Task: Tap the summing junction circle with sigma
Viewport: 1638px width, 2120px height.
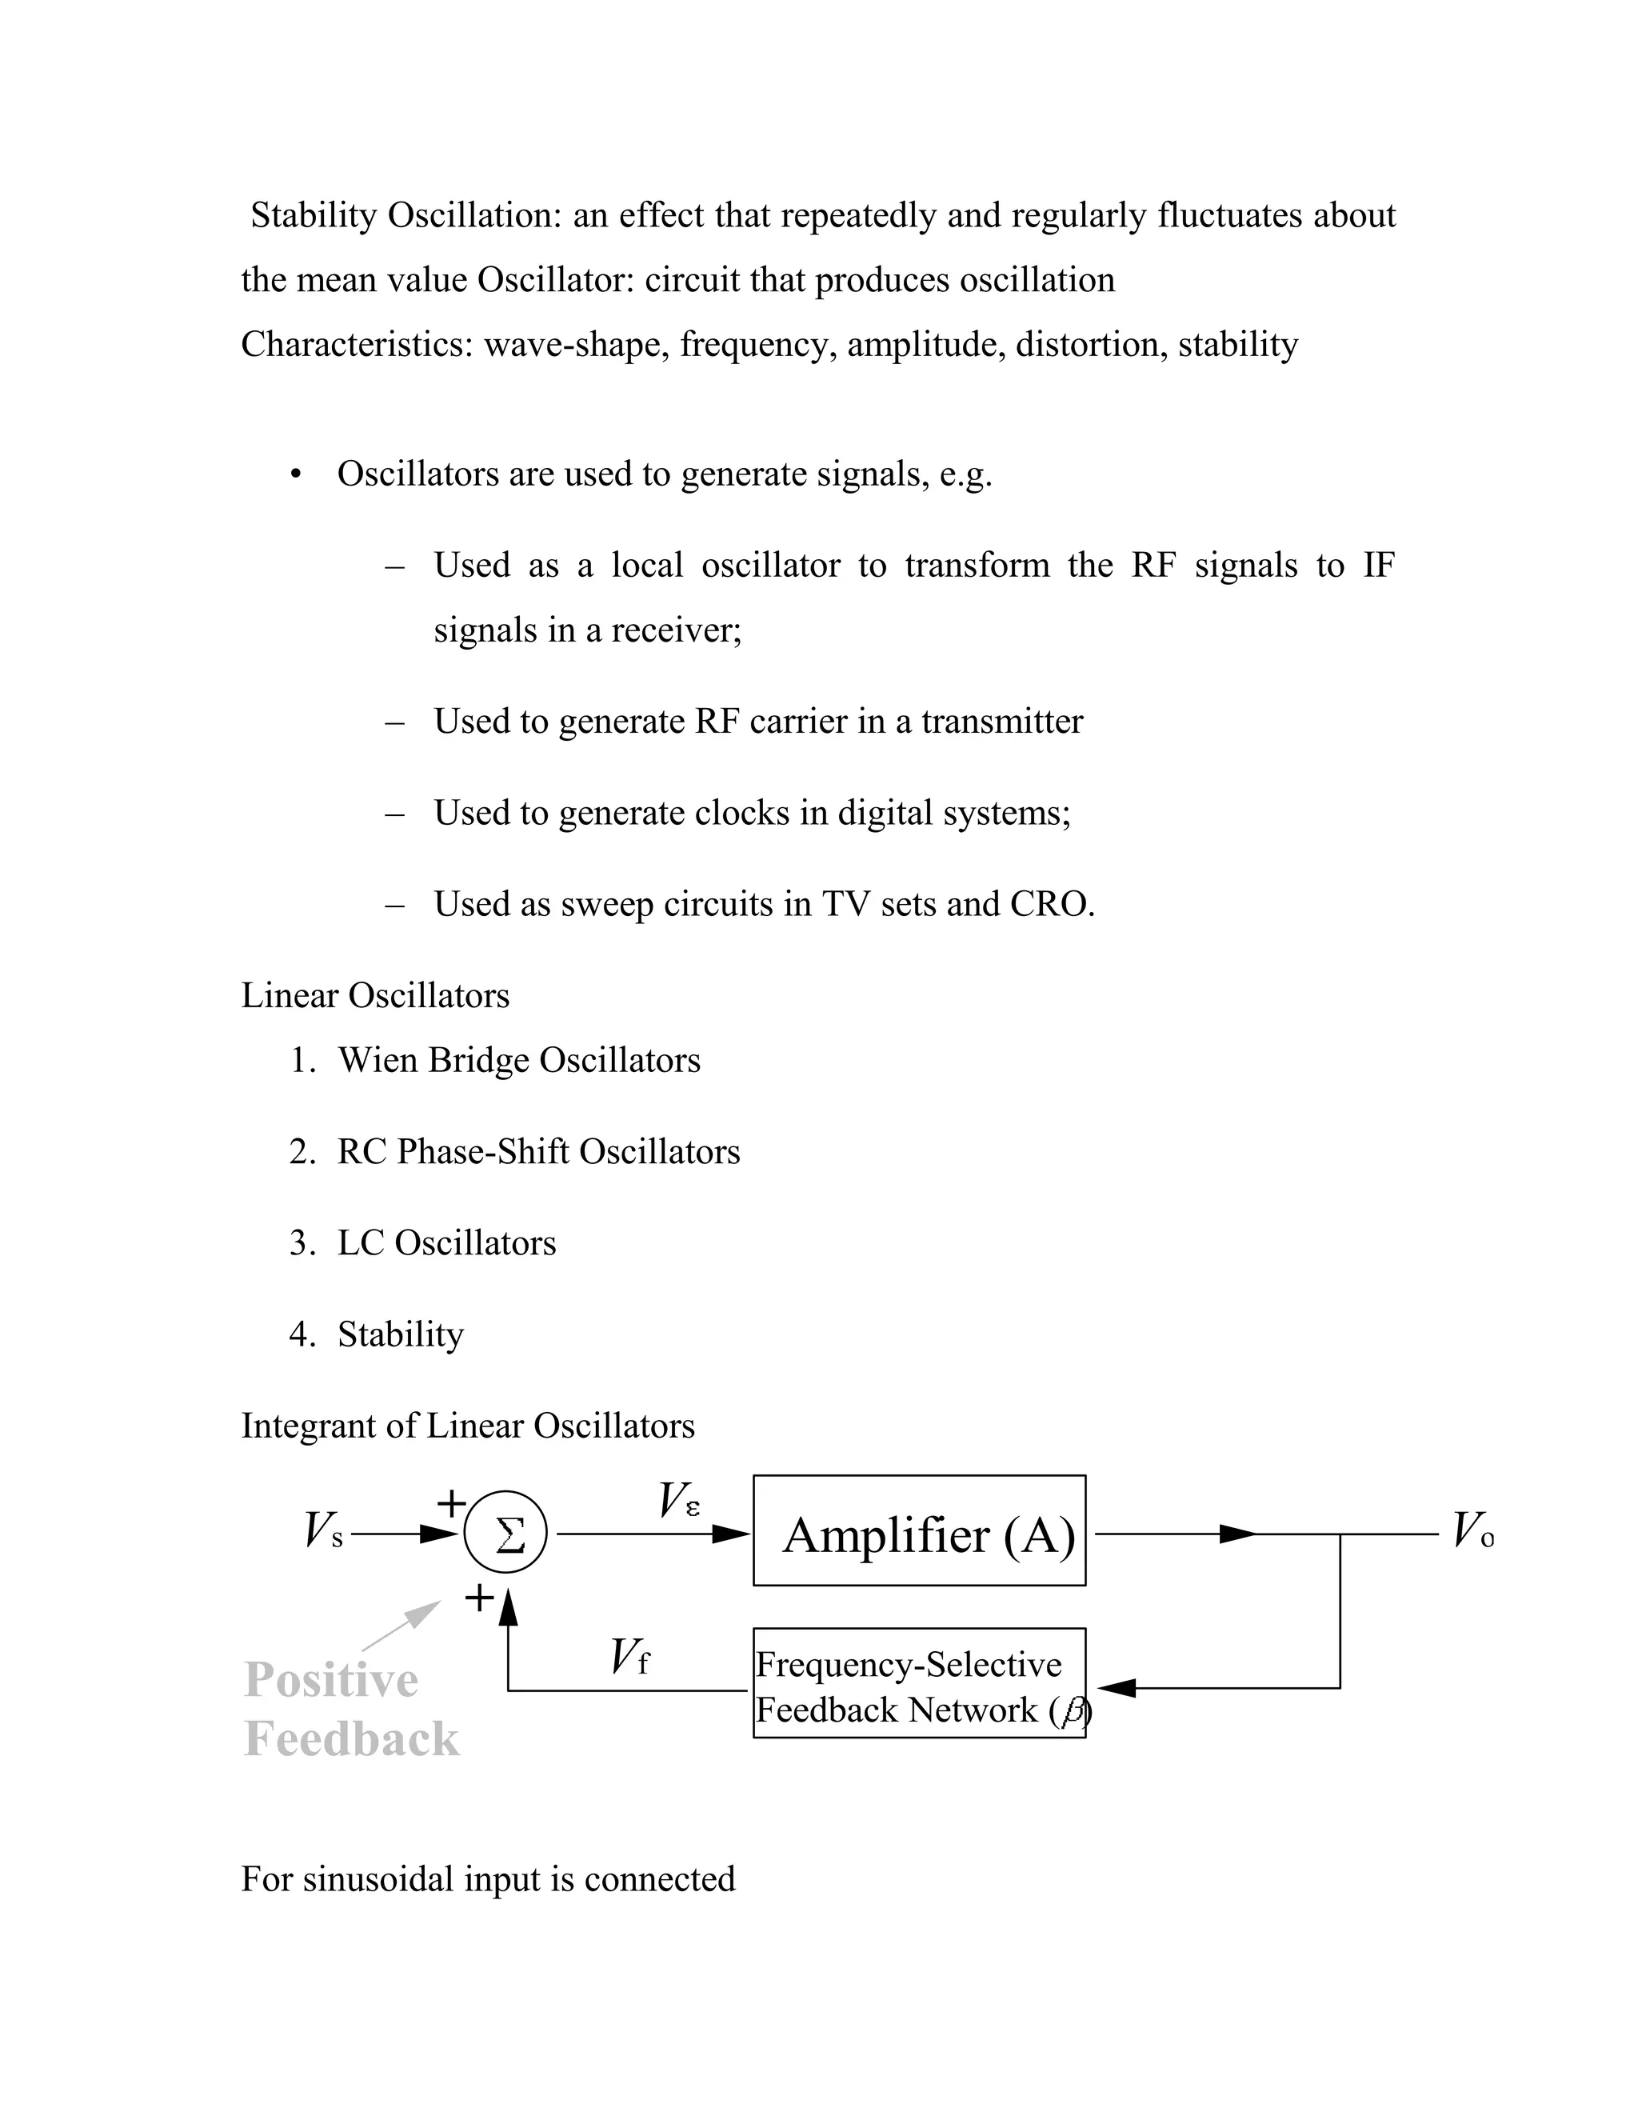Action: point(505,1534)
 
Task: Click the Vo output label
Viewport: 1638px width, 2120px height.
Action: point(1472,1532)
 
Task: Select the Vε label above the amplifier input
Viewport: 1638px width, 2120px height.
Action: point(678,1501)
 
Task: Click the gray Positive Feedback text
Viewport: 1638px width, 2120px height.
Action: point(350,1710)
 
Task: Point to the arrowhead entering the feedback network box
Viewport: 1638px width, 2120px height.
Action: point(1116,1688)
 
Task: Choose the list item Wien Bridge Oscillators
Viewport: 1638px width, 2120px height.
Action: point(518,1061)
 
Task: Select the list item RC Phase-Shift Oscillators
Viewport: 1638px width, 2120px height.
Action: point(537,1152)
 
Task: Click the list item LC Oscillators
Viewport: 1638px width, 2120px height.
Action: point(446,1243)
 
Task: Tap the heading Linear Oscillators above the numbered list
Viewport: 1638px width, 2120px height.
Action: point(374,996)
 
